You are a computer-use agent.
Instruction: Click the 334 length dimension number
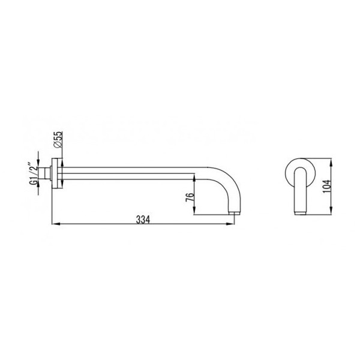(x=143, y=220)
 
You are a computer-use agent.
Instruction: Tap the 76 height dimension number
(x=190, y=197)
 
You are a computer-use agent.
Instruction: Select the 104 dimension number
(x=327, y=186)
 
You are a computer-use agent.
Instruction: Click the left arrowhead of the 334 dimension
(x=55, y=224)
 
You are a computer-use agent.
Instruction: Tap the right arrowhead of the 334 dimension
(x=230, y=224)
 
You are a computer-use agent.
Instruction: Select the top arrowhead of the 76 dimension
(x=194, y=178)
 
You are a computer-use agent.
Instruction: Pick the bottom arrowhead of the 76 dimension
(x=194, y=211)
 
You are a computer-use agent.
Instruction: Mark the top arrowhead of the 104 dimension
(x=331, y=163)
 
